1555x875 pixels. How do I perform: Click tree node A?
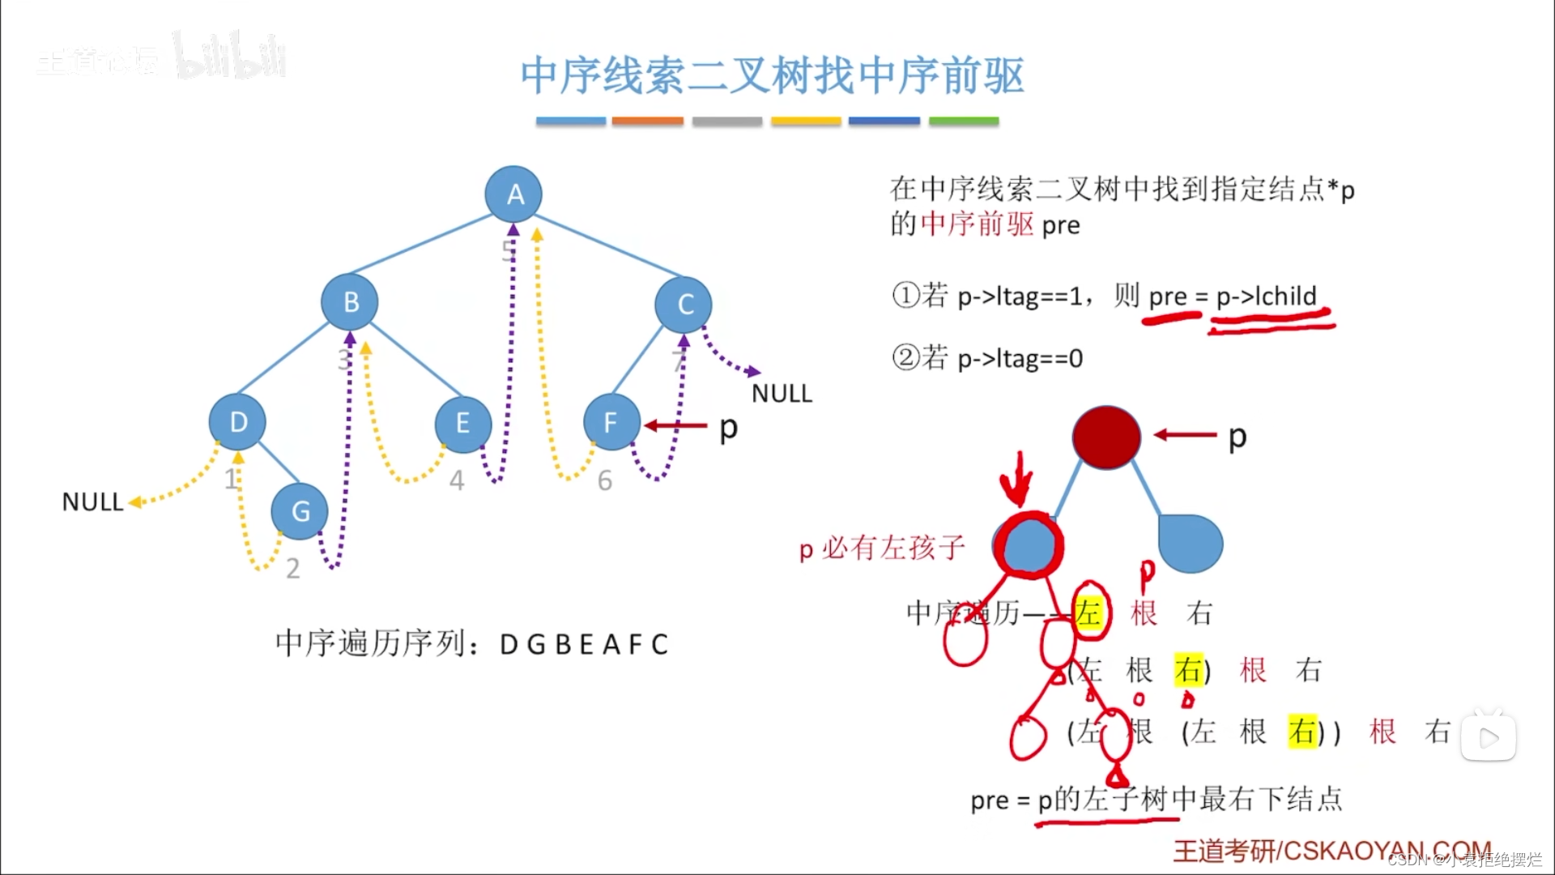point(513,194)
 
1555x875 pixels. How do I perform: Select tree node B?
point(350,302)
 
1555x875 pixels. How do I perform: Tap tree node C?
point(684,305)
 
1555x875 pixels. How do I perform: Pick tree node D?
point(237,422)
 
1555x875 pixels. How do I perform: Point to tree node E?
point(462,423)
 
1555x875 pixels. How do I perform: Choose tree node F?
point(611,422)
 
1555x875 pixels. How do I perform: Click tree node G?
point(300,511)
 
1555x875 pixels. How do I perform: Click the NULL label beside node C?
point(782,394)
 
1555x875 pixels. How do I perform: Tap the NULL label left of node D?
point(92,502)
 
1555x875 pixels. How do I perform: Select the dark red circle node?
point(1106,437)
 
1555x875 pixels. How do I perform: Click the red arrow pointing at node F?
point(675,425)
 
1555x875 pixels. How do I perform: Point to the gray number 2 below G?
point(293,569)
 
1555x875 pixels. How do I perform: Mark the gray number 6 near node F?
point(605,481)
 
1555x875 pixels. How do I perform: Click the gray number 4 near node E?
point(457,481)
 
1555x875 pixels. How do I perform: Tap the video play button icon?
point(1489,737)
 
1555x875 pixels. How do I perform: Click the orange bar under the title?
point(647,122)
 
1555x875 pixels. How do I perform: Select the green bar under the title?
point(964,122)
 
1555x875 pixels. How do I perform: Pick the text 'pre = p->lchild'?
point(1233,297)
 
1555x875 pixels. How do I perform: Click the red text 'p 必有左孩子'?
point(882,548)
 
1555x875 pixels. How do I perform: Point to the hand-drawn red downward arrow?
point(1016,480)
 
